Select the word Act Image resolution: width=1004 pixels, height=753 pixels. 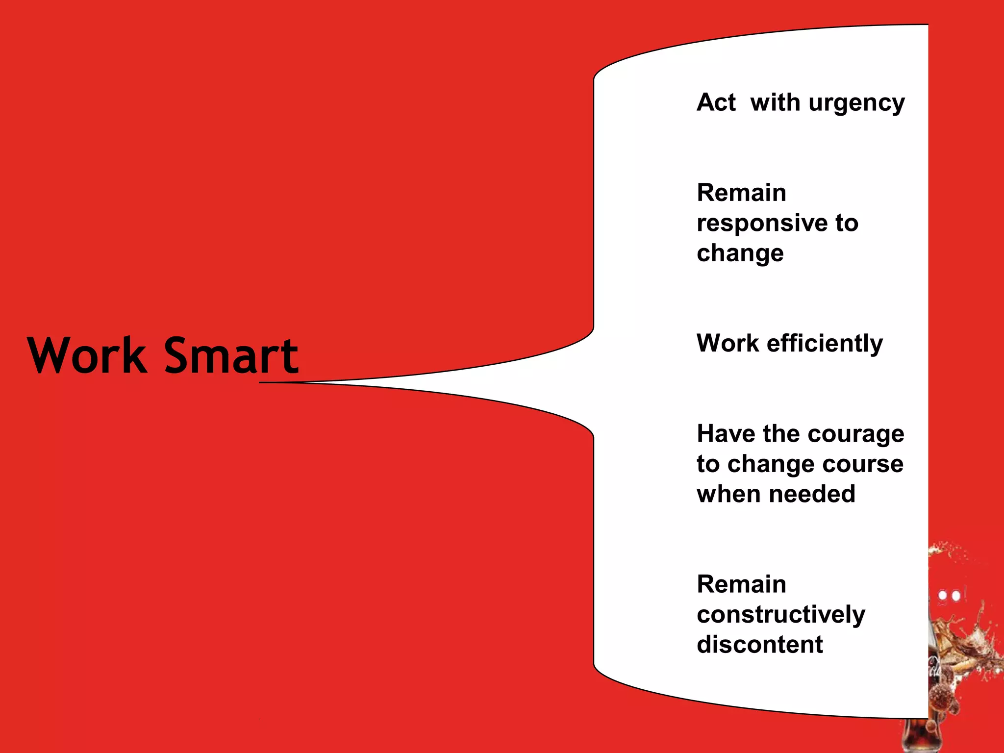coord(716,102)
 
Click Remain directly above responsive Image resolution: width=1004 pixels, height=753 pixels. coord(741,193)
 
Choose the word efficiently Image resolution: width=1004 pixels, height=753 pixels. coord(825,344)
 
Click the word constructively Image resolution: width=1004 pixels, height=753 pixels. coord(781,615)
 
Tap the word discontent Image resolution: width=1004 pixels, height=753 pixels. coord(760,644)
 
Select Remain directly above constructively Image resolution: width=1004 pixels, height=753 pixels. coord(741,584)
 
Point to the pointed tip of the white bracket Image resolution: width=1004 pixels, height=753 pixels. coord(265,382)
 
